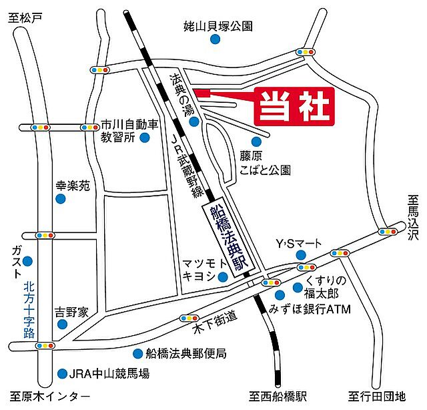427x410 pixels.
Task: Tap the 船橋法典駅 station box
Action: click(x=222, y=239)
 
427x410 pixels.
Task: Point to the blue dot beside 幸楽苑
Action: click(x=60, y=199)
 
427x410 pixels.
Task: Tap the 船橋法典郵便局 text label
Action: click(x=184, y=353)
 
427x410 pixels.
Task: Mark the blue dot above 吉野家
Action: click(x=61, y=325)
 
